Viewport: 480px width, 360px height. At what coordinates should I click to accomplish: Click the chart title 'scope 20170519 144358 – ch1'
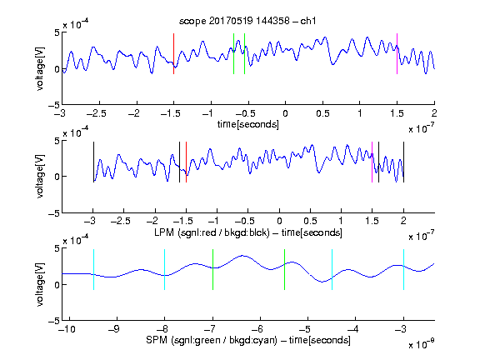(247, 21)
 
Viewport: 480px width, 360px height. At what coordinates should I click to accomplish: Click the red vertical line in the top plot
(174, 54)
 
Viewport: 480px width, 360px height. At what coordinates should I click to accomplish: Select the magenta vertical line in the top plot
(397, 54)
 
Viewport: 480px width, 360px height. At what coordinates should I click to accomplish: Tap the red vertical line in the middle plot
(186, 162)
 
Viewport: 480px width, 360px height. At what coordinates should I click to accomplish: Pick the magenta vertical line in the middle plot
(372, 162)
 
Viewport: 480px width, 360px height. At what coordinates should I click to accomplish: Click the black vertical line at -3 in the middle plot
(93, 162)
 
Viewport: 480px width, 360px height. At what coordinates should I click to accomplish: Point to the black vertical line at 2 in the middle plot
(403, 162)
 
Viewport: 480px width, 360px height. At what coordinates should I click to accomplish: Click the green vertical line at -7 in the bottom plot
(212, 269)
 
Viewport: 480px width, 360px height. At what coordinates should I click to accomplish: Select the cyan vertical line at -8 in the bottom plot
(165, 269)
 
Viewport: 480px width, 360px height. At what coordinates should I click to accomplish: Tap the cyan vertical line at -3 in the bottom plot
(403, 269)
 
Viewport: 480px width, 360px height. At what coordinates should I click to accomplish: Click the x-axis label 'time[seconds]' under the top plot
(248, 124)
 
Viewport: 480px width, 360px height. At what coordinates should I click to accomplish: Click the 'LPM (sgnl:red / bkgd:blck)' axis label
(212, 232)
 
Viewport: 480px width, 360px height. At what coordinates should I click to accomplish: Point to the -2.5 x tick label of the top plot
(97, 114)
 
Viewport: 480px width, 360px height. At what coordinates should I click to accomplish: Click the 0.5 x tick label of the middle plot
(310, 221)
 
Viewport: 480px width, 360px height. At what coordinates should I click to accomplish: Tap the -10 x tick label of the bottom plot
(67, 329)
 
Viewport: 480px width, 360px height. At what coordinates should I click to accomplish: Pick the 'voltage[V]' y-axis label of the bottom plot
(40, 284)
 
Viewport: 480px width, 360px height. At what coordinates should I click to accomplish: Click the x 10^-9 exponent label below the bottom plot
(421, 344)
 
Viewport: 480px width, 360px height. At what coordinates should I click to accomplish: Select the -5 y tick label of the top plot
(54, 105)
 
